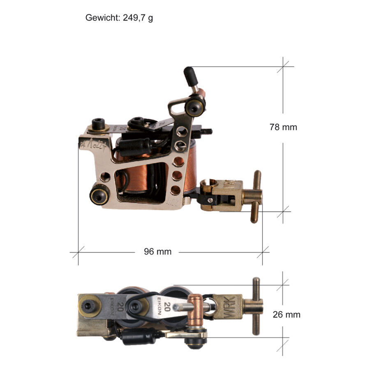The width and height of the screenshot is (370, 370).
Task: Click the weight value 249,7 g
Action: point(138,18)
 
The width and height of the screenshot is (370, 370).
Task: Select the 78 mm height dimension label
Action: point(283,127)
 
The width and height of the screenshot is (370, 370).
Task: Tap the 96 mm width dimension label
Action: point(157,252)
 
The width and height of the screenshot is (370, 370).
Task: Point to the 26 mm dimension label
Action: point(287,314)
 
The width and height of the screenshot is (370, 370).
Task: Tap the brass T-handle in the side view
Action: point(255,197)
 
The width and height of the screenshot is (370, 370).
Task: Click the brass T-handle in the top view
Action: point(255,306)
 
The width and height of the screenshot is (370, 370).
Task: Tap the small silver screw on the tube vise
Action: point(210,200)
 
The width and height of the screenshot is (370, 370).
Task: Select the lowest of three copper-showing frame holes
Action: point(175,190)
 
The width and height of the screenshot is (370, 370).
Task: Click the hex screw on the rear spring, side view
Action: point(98,123)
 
